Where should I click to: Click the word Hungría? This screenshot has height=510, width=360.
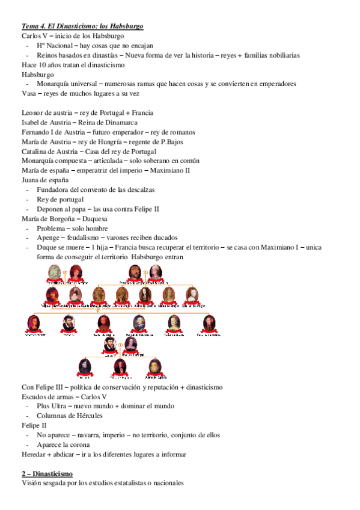click(117, 141)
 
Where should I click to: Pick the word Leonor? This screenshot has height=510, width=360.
click(33, 112)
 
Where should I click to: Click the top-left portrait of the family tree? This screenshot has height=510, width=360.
click(54, 272)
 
